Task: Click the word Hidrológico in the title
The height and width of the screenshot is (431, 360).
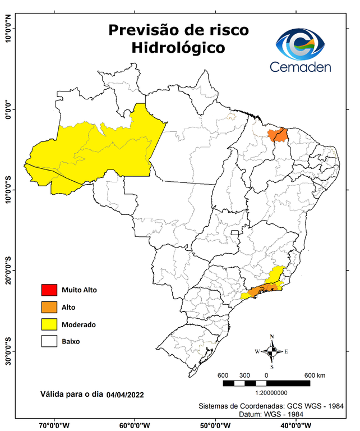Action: [178, 48]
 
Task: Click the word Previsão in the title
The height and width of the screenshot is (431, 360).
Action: [143, 29]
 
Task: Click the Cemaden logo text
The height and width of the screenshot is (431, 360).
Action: [301, 67]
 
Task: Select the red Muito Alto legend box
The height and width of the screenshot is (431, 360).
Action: [48, 290]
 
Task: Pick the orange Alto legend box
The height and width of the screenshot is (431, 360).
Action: [48, 307]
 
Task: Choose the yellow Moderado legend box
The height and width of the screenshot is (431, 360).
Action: [48, 324]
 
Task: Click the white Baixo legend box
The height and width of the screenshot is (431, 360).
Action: [48, 341]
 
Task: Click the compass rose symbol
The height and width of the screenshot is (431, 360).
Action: [271, 352]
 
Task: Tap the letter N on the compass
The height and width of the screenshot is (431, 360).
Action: [272, 337]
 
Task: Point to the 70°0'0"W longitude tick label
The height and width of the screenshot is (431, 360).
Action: [54, 425]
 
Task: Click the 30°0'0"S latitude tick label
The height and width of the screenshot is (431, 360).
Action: [8, 351]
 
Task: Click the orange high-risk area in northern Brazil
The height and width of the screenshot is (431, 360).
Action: [278, 135]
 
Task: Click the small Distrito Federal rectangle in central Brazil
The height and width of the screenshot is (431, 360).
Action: [236, 232]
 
